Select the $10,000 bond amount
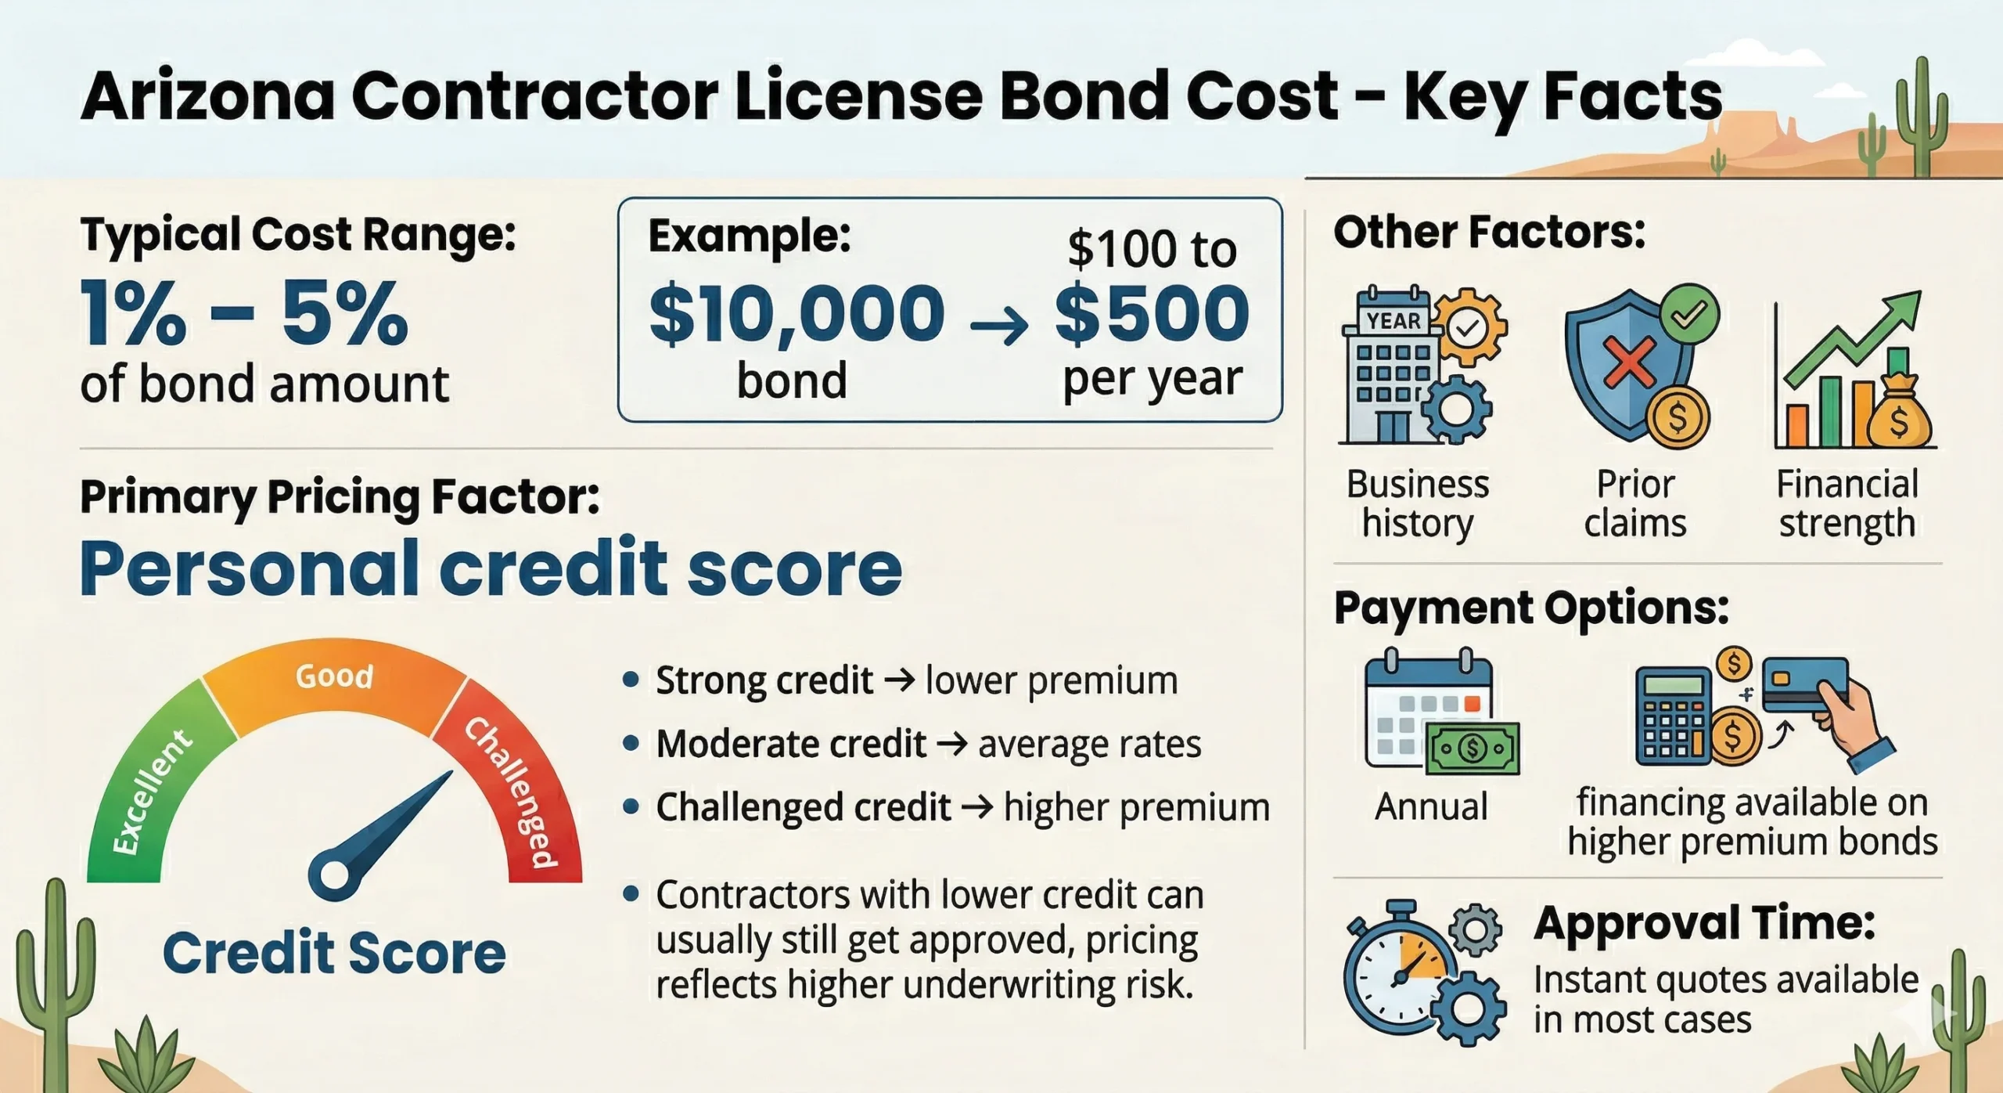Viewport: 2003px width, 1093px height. click(797, 314)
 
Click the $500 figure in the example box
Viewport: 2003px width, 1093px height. click(1152, 314)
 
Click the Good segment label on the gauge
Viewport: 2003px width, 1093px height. click(334, 676)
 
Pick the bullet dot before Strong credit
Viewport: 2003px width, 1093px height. click(631, 679)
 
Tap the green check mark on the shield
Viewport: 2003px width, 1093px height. click(1689, 316)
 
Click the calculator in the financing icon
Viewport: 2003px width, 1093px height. click(1674, 715)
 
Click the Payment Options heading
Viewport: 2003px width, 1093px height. click(1531, 608)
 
